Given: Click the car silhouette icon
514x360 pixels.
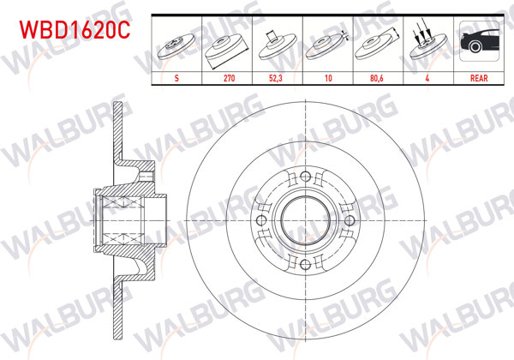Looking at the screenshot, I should (x=478, y=43).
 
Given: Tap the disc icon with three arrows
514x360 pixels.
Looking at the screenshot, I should (x=427, y=45).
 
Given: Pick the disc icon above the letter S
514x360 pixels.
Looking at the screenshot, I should (x=176, y=45).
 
